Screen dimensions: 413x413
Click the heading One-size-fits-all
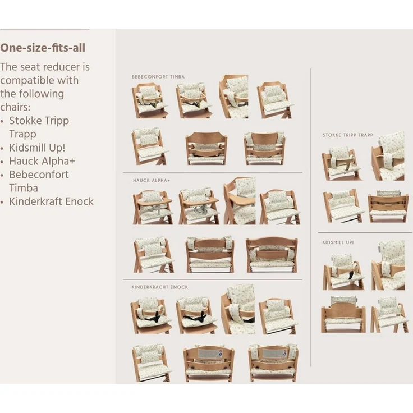click(x=43, y=48)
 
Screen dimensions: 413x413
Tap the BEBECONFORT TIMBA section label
click(x=158, y=77)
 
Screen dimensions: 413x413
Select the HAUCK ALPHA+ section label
click(x=152, y=181)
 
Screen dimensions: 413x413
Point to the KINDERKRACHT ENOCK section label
click(x=159, y=287)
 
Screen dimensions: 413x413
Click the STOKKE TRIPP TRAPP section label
click(x=348, y=135)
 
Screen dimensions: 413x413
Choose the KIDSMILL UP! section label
click(x=338, y=242)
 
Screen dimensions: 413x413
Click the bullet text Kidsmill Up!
click(x=37, y=148)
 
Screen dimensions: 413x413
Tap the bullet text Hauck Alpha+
click(x=42, y=161)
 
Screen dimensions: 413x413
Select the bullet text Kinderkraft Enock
click(x=52, y=201)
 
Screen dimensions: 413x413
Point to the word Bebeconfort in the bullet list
click(x=39, y=175)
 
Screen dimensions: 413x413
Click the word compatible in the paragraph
click(x=39, y=80)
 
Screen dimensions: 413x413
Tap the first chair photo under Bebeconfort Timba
click(x=150, y=100)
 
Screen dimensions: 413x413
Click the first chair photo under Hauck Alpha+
click(x=153, y=207)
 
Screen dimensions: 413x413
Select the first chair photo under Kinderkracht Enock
click(x=151, y=315)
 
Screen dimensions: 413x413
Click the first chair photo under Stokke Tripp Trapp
click(x=342, y=163)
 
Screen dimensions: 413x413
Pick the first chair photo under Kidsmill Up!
click(x=343, y=272)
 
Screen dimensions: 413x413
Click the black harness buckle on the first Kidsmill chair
click(x=350, y=276)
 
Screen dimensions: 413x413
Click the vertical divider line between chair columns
click(x=310, y=218)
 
